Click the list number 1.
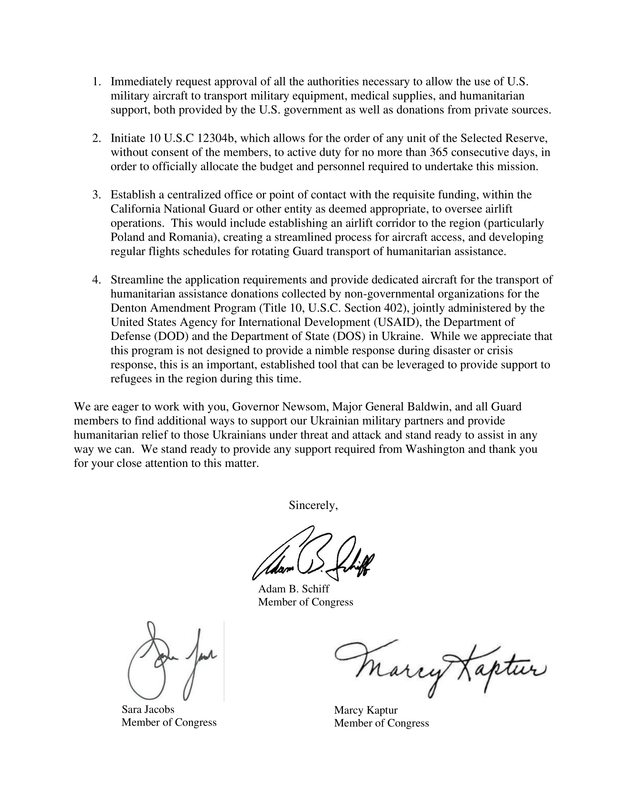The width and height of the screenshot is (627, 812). (96, 82)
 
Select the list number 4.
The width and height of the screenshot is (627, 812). (96, 280)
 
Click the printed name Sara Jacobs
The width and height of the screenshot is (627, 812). (148, 709)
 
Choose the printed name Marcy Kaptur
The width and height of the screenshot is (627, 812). (366, 710)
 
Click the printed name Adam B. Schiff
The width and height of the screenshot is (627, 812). (294, 589)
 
